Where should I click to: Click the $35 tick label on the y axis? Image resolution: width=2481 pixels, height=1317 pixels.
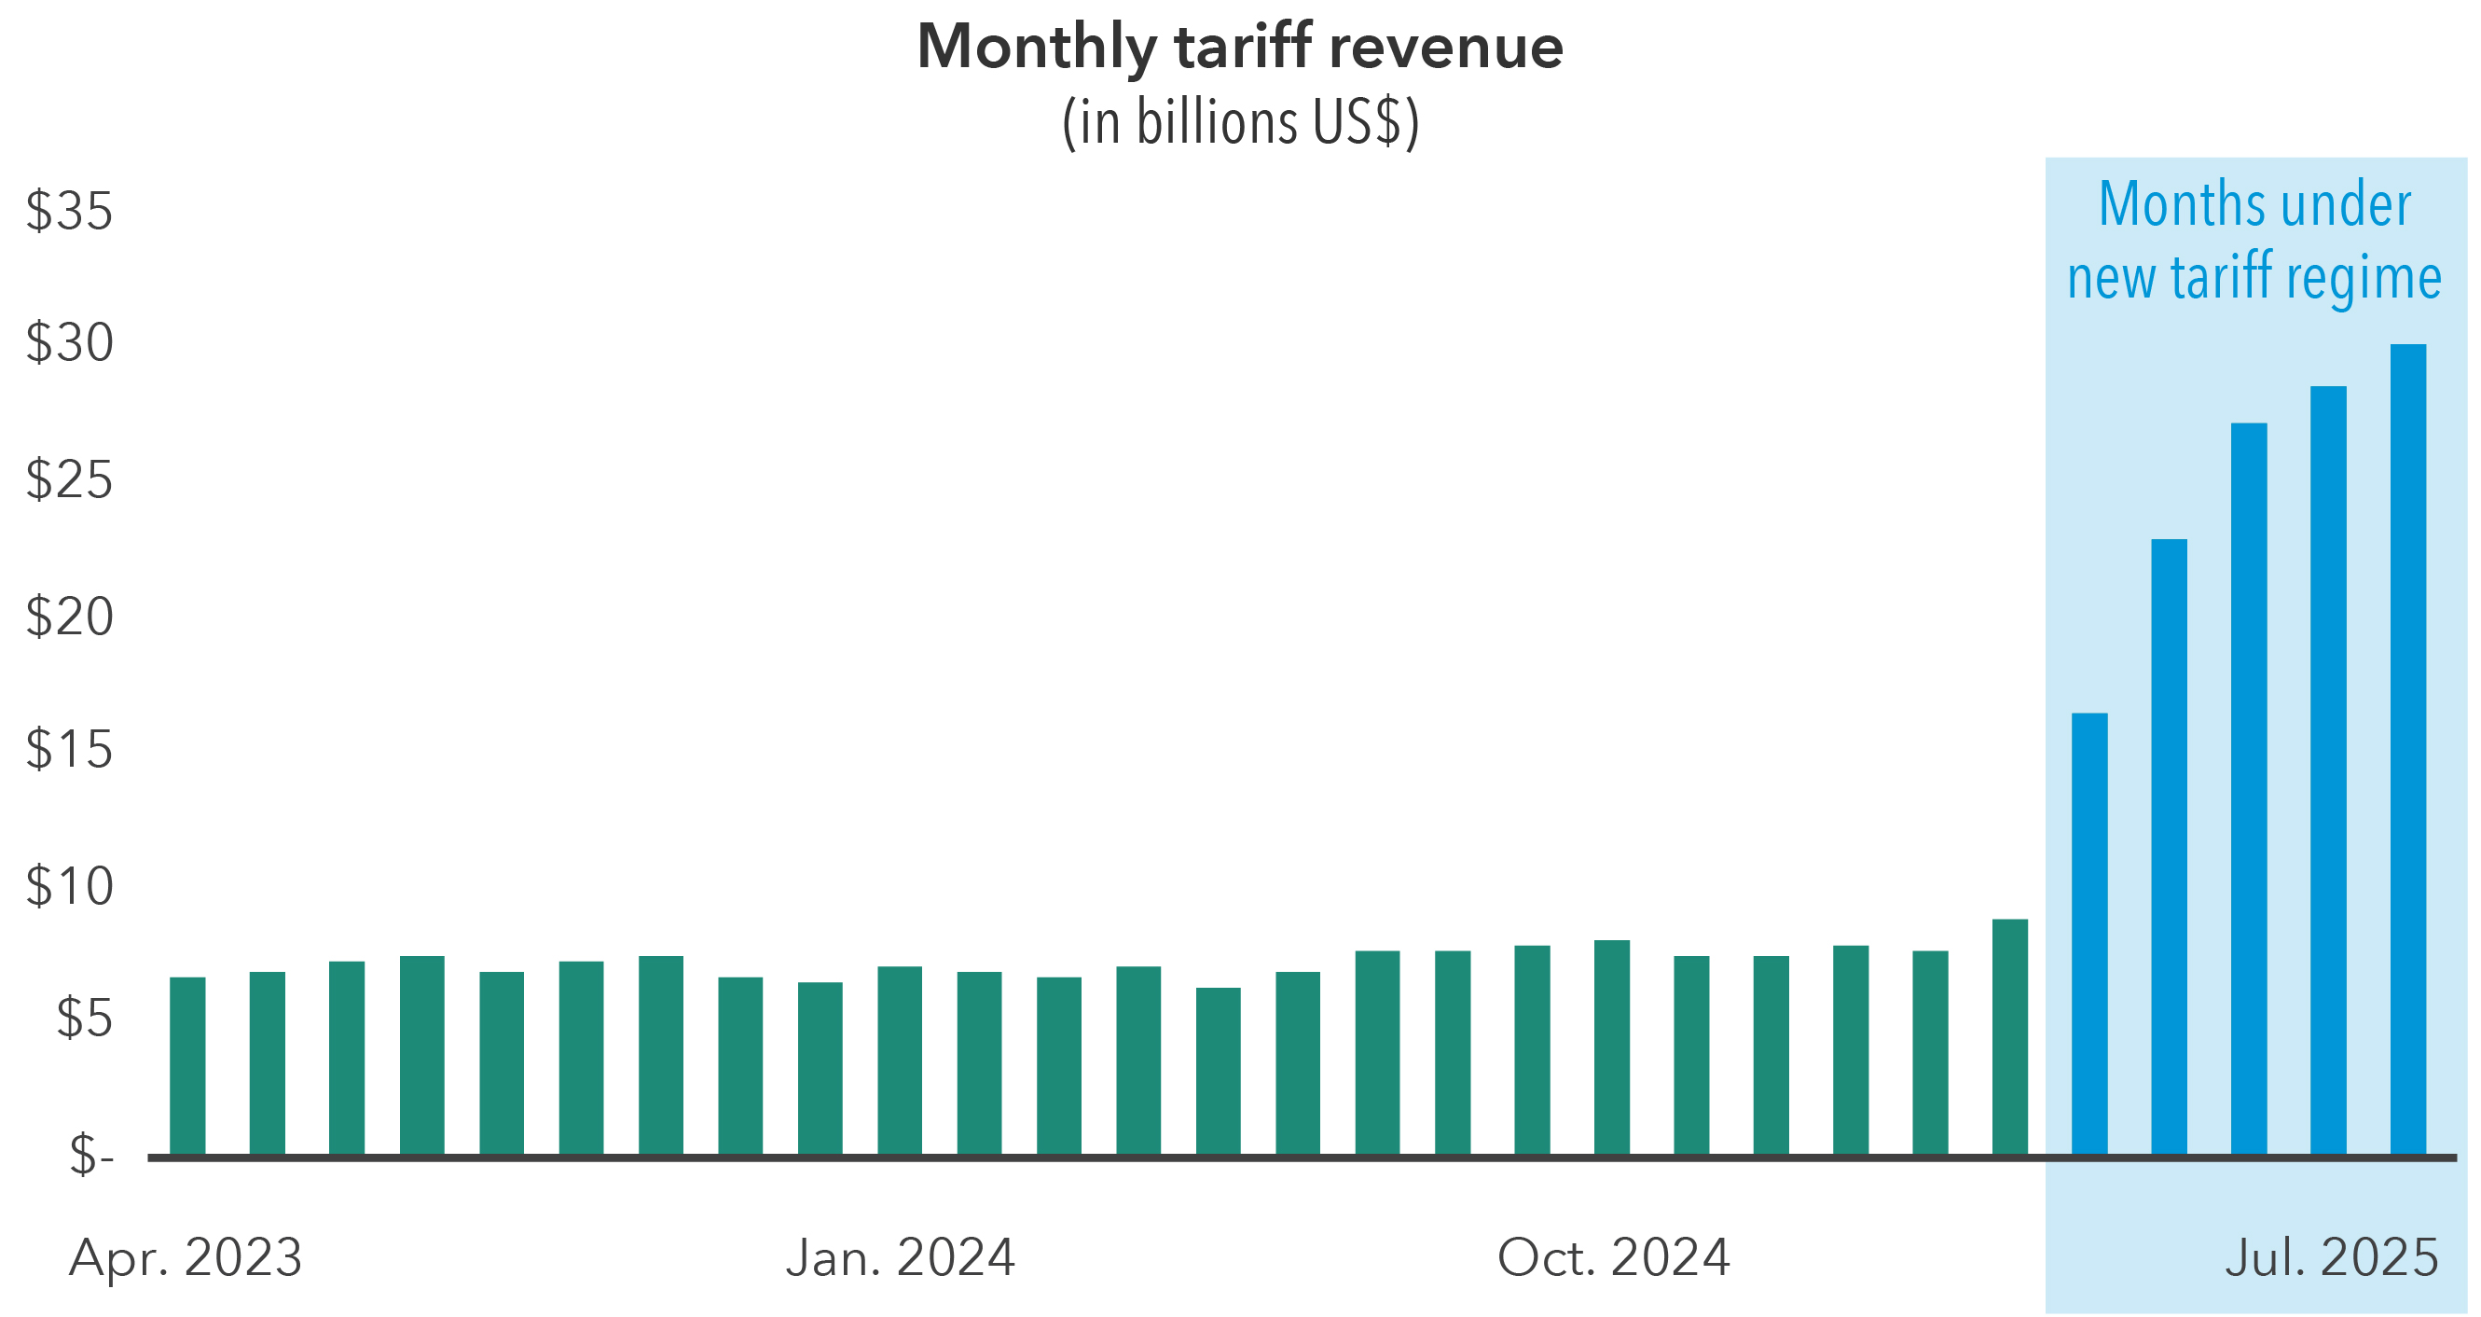click(x=69, y=210)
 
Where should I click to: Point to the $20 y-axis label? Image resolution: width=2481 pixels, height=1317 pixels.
click(x=69, y=617)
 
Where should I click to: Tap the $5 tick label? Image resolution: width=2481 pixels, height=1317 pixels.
click(x=85, y=1018)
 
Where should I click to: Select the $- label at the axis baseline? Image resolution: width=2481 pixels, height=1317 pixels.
click(x=91, y=1154)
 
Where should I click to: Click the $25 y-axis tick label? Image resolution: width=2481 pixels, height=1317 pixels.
click(x=69, y=478)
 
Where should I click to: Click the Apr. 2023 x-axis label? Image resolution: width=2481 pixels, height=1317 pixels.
click(x=186, y=1257)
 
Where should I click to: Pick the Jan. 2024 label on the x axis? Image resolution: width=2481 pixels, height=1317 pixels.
click(x=901, y=1257)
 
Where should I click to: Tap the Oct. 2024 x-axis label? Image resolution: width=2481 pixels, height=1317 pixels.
click(x=1613, y=1257)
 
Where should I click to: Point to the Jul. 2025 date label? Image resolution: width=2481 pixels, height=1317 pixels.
click(x=2331, y=1257)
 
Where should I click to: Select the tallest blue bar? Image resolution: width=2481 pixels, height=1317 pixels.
click(x=2407, y=752)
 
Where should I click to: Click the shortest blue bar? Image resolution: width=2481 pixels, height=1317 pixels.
click(x=2089, y=935)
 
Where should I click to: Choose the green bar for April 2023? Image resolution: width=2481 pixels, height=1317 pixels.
click(x=187, y=1064)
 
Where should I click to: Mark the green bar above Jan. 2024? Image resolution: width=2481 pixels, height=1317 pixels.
click(x=900, y=1060)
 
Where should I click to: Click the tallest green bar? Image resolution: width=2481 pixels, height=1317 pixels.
click(x=2010, y=1036)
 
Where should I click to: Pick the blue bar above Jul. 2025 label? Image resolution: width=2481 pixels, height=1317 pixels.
click(x=2328, y=770)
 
